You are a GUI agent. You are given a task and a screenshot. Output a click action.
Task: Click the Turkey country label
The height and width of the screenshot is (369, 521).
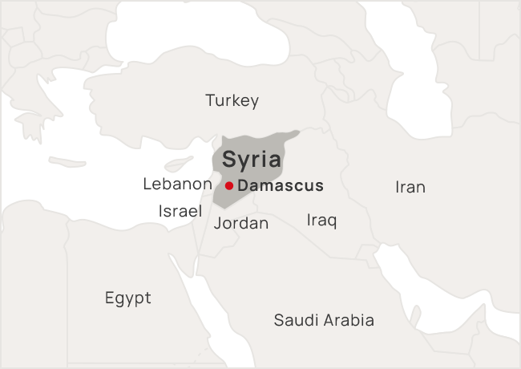[x=232, y=101]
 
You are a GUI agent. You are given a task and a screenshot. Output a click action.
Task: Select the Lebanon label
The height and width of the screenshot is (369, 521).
[x=176, y=184]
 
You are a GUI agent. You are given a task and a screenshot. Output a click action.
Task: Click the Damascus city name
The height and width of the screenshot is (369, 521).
[x=281, y=186]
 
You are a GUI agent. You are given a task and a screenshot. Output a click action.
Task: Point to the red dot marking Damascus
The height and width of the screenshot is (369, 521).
[x=229, y=186]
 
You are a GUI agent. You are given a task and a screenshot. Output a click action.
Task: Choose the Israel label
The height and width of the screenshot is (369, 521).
[x=180, y=211]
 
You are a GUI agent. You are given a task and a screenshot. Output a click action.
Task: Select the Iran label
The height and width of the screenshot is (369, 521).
[x=410, y=188]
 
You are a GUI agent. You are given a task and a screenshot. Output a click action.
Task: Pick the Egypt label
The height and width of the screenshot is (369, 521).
[x=127, y=298]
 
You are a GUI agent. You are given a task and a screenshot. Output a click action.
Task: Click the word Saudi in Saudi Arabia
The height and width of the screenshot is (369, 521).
[x=296, y=321]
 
